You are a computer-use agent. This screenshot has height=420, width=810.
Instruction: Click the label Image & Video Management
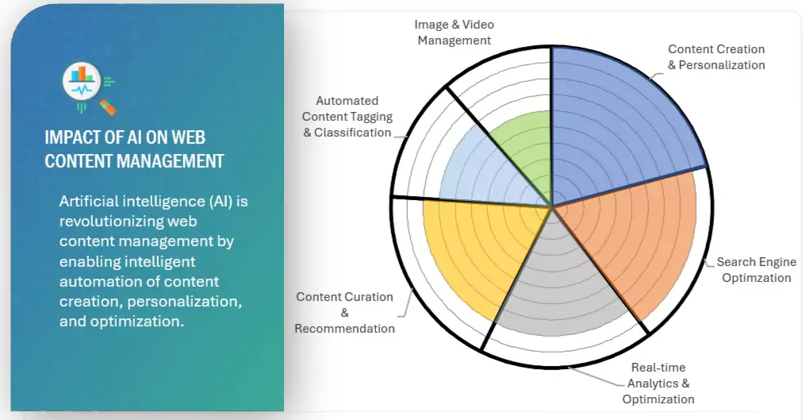tap(455, 33)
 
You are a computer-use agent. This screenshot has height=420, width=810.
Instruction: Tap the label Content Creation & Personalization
tap(716, 57)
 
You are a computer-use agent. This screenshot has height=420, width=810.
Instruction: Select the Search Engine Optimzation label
tap(756, 270)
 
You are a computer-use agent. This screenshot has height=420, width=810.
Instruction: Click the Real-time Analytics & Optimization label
tap(658, 383)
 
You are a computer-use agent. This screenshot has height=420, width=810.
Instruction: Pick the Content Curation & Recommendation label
tap(344, 312)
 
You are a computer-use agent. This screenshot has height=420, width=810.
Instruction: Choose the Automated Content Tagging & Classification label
tap(347, 117)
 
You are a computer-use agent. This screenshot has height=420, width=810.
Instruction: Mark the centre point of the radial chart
tap(552, 207)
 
